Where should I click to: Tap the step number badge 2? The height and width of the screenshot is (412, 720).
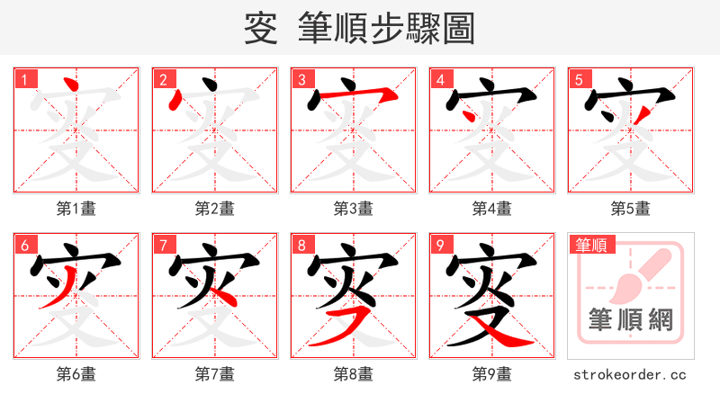(x=163, y=78)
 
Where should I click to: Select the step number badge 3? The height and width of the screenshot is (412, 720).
(x=301, y=78)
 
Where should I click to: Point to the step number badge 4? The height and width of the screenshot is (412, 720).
(x=440, y=78)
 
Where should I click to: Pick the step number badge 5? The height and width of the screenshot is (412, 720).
(x=579, y=78)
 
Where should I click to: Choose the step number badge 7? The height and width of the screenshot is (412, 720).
(x=163, y=244)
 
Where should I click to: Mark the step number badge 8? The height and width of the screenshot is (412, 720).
(x=301, y=244)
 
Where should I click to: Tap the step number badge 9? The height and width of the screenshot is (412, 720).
(x=440, y=244)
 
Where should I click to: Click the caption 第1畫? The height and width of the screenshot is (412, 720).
(x=76, y=209)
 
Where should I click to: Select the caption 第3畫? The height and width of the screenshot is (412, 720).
(x=353, y=209)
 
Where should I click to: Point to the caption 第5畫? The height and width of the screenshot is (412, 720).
(x=630, y=209)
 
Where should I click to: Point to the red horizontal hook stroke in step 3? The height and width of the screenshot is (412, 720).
(x=360, y=93)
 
